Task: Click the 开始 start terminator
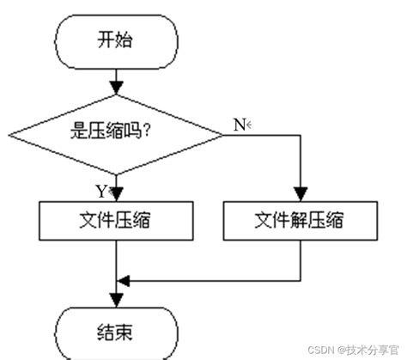[116, 40]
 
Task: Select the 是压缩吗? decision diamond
[115, 134]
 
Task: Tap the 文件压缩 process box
[116, 221]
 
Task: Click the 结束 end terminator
[116, 328]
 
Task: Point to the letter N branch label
[238, 125]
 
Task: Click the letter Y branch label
[100, 190]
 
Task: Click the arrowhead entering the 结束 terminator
[116, 302]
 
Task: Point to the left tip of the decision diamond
[10, 134]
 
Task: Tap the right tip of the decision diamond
[222, 134]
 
